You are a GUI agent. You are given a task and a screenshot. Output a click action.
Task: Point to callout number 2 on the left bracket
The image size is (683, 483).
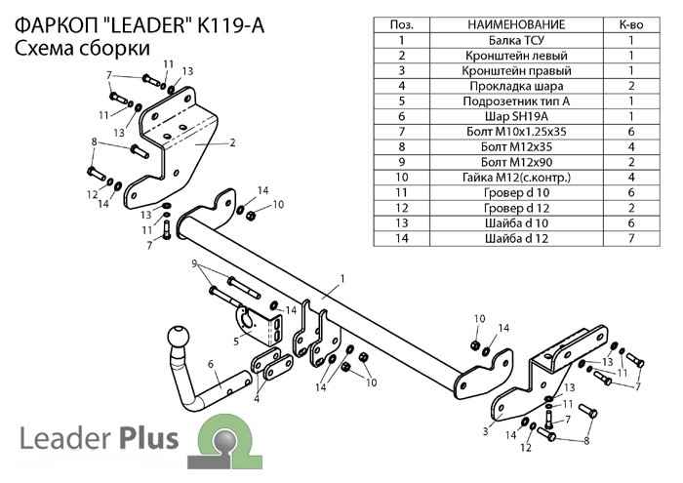pos(233,142)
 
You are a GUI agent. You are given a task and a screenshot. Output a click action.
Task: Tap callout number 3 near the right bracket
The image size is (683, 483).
pos(485,428)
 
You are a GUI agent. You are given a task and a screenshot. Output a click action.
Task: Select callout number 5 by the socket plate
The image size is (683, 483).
pos(236,341)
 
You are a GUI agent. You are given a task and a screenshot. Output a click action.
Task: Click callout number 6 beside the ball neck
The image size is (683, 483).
pos(210,365)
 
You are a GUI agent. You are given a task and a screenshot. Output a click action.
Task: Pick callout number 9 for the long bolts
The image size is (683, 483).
pos(195,263)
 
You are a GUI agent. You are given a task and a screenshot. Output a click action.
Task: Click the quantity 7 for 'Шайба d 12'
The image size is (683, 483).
pos(630,237)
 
